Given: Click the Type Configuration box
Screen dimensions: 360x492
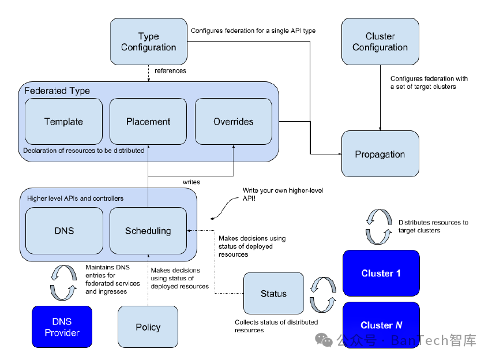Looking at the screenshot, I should coord(148,42).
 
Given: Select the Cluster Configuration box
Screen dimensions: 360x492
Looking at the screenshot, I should coord(380,42).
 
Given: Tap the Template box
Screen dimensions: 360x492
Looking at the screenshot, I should coord(63,121).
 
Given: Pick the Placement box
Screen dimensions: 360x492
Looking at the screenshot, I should coord(148,121).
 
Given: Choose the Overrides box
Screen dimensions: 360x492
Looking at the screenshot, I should coord(234,121).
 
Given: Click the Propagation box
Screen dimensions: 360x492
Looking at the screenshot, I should coord(380,154).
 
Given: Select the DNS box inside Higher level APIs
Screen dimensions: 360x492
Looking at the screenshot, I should coord(64,231).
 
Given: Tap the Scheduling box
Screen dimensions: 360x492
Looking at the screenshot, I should coord(148,231).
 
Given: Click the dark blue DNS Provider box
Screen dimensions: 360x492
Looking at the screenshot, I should coord(62,327).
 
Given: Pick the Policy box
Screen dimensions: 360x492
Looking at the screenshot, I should coord(148,327).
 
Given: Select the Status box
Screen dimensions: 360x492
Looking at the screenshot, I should coord(273,294).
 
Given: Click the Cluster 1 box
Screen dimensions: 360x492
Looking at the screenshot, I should coord(381,273).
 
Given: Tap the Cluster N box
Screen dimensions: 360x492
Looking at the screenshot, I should coord(381,325).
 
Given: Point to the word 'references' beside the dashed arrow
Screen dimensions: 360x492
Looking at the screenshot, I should coord(171,71).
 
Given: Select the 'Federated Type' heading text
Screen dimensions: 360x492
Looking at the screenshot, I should coord(57,91).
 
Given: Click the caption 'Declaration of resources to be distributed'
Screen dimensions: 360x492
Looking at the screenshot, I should coord(84,151).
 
